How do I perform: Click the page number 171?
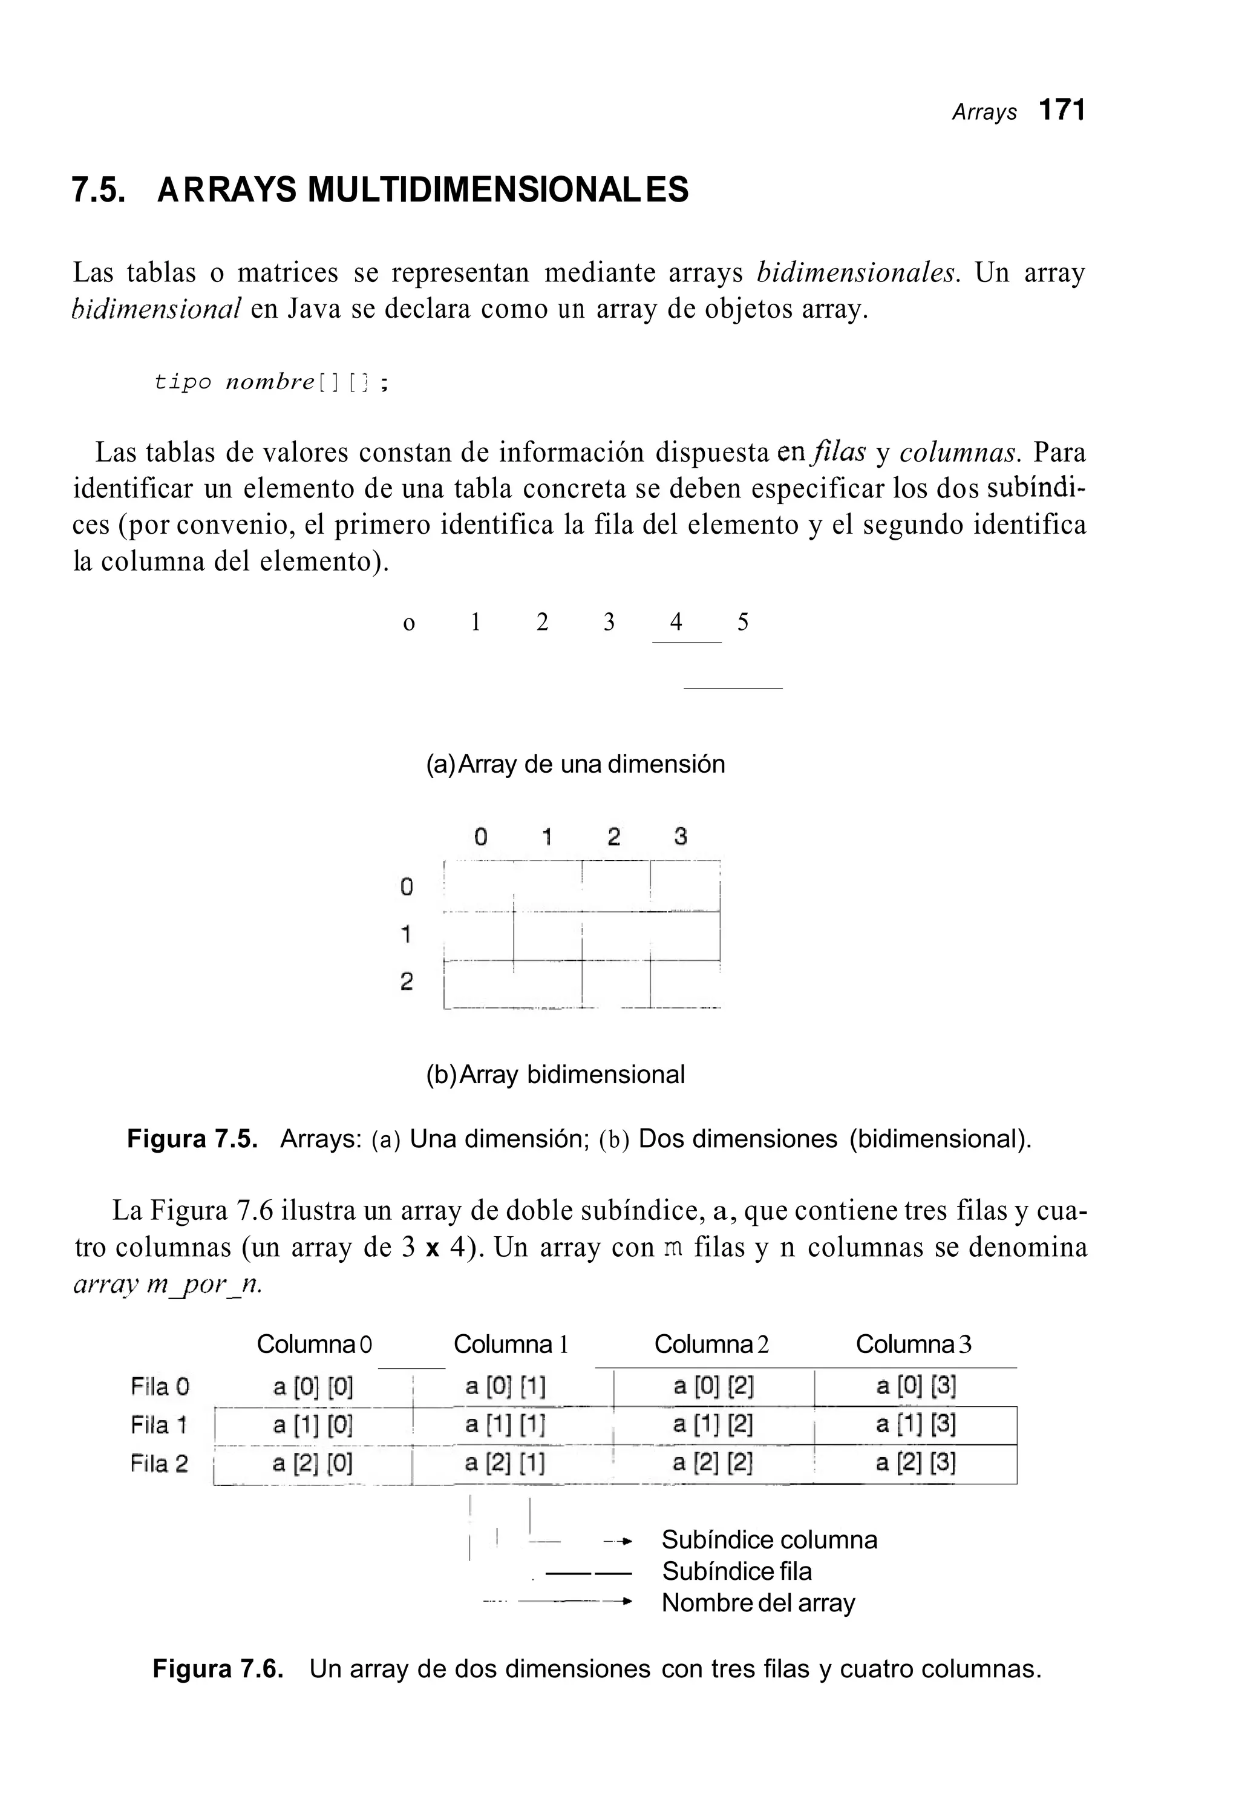coord(1062,111)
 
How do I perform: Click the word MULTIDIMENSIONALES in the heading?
coord(498,190)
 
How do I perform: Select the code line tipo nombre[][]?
coord(270,382)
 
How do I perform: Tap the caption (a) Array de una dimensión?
coord(575,764)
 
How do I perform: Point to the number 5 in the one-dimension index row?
coord(743,622)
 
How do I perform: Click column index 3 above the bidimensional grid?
coord(680,837)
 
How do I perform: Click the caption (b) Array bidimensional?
coord(555,1075)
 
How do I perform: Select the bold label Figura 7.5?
coord(192,1139)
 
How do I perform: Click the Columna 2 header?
coord(711,1344)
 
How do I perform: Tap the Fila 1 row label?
coord(159,1426)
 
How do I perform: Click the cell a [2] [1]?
coord(505,1464)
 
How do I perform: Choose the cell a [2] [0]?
coord(313,1464)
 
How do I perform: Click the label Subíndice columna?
coord(769,1541)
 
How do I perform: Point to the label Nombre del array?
coord(758,1603)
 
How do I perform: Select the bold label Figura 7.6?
coord(217,1669)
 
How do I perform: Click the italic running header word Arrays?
coord(984,113)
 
